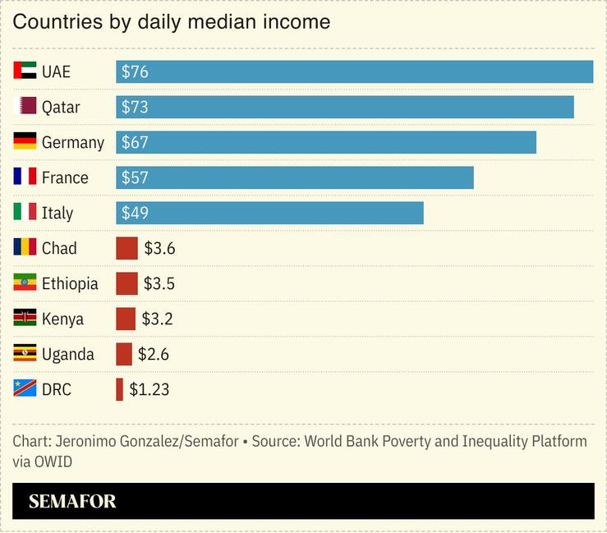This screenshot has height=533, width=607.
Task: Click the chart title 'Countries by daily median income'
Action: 171,22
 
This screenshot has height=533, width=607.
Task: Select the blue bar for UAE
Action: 354,71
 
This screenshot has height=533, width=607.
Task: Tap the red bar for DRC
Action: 120,389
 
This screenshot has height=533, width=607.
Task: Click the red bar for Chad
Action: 126,248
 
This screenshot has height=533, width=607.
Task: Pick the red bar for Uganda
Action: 124,354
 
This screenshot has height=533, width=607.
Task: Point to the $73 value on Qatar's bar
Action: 135,107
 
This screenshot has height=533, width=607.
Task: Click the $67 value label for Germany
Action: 135,142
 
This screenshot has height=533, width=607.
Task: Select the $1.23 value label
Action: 149,389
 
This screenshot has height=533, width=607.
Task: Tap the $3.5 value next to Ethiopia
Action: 159,283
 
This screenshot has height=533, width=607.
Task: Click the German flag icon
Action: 25,141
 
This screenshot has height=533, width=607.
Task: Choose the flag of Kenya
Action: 25,318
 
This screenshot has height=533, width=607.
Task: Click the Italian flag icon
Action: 25,212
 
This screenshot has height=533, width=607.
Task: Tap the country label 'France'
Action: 65,177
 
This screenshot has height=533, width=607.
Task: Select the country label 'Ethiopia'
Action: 70,283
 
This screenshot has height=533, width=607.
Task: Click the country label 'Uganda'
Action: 67,354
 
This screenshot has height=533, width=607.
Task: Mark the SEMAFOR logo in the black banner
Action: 72,501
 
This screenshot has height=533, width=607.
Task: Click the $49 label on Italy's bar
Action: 135,213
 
